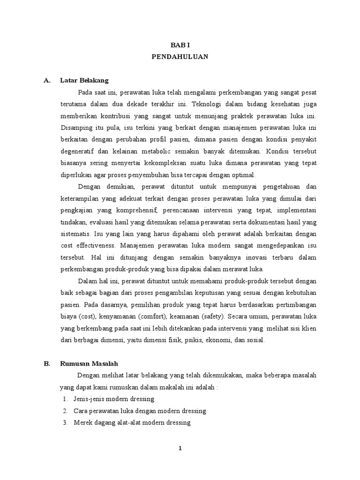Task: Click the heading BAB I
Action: click(180, 45)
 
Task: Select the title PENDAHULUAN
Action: click(180, 56)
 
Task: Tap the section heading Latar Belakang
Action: click(84, 80)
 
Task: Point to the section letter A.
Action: click(47, 80)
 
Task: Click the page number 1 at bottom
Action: click(180, 448)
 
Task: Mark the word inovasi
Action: click(250, 257)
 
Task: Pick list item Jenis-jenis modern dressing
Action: click(114, 399)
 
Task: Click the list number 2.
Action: click(65, 411)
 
